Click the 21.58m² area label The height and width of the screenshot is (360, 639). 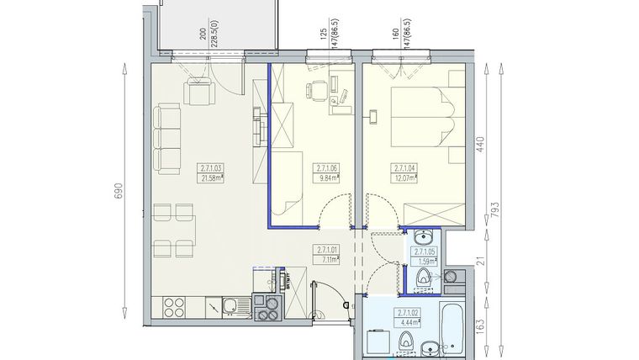click(x=211, y=177)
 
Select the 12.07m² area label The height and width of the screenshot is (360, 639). click(x=406, y=177)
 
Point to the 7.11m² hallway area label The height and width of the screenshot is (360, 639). click(x=327, y=260)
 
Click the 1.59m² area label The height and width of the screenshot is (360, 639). click(x=423, y=262)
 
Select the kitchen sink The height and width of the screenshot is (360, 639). click(x=228, y=309)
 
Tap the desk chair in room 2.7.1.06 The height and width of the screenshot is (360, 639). click(x=312, y=90)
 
